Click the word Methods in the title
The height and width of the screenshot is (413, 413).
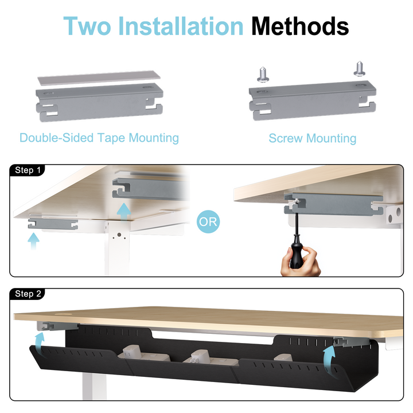tap(300, 26)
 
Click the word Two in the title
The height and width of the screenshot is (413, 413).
tap(87, 26)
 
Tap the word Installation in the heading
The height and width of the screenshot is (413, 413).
tap(181, 26)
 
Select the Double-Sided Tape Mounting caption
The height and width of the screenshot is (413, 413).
tap(99, 138)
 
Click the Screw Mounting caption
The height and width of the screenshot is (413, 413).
tap(313, 138)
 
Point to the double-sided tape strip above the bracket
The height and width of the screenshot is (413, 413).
tap(99, 77)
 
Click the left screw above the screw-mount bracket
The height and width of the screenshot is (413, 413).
tap(263, 75)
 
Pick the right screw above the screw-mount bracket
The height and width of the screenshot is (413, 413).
tap(359, 69)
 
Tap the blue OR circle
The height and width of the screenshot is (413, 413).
tap(208, 221)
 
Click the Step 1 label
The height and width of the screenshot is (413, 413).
tap(28, 170)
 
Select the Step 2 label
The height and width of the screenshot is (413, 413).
tap(28, 294)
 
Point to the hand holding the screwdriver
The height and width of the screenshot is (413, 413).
tap(300, 262)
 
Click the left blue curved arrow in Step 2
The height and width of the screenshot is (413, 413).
tap(40, 343)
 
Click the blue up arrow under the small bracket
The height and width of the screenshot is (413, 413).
tap(33, 241)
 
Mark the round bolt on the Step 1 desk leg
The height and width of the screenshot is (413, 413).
tap(119, 235)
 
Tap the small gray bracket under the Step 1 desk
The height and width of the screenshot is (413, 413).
tap(53, 224)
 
